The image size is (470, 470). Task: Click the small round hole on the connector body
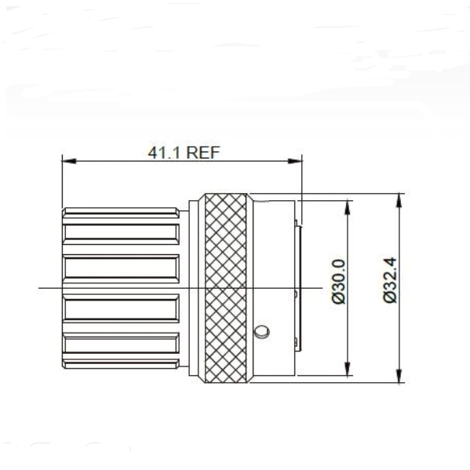pyautogui.click(x=264, y=328)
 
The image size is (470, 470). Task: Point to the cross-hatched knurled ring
pyautogui.click(x=227, y=289)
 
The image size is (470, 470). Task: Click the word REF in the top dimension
pyautogui.click(x=203, y=152)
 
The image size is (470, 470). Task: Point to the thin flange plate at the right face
pyautogui.click(x=299, y=286)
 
